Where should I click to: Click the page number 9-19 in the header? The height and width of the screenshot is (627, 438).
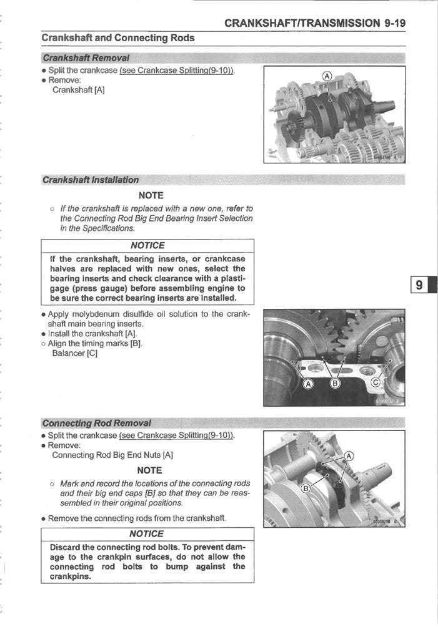(395, 23)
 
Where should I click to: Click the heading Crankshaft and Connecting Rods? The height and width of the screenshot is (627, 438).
(117, 38)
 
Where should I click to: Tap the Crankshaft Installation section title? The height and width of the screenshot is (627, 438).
(91, 180)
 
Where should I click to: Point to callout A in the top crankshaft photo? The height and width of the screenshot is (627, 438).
(326, 77)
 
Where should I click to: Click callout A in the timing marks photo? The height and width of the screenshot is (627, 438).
(307, 383)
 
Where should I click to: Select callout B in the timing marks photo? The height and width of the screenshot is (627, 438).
(335, 383)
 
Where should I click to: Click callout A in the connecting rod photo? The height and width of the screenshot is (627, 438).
(349, 456)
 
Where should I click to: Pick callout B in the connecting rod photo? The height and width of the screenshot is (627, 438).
(307, 488)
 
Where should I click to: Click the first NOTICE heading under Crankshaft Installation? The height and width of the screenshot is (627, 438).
(147, 246)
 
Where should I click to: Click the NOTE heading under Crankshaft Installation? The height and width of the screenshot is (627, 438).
(151, 195)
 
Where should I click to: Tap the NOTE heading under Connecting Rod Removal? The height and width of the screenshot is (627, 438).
(149, 470)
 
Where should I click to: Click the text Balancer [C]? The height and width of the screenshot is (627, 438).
(74, 354)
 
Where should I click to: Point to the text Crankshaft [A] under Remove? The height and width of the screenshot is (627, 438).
(78, 90)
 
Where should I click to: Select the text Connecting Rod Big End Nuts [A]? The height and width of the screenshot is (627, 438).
(112, 455)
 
